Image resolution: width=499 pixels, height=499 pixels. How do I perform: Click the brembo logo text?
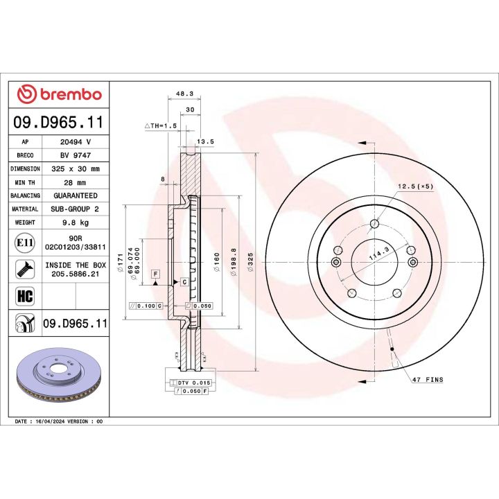pyautogui.click(x=68, y=95)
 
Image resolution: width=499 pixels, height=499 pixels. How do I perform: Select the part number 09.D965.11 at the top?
pyautogui.click(x=59, y=123)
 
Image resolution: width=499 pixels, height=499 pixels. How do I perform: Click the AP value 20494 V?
pyautogui.click(x=76, y=141)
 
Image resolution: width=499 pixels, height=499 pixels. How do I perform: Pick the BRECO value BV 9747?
pyautogui.click(x=76, y=155)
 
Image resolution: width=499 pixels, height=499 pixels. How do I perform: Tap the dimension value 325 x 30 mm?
pyautogui.click(x=76, y=168)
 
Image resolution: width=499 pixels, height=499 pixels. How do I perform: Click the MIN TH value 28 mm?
pyautogui.click(x=76, y=182)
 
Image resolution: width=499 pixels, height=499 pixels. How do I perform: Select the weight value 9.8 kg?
pyautogui.click(x=76, y=222)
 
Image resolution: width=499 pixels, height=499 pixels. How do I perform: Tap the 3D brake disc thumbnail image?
pyautogui.click(x=58, y=377)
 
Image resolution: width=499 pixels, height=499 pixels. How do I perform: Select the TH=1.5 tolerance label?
pyautogui.click(x=161, y=125)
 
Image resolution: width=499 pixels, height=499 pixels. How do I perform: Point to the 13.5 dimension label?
pyautogui.click(x=205, y=142)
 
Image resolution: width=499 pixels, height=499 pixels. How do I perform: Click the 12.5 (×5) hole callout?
pyautogui.click(x=416, y=186)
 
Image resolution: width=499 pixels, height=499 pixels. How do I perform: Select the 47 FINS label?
pyautogui.click(x=427, y=380)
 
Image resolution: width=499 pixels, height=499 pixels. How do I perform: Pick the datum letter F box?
pyautogui.click(x=156, y=274)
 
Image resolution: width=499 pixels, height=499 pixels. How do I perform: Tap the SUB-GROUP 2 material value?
pyautogui.click(x=76, y=209)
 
